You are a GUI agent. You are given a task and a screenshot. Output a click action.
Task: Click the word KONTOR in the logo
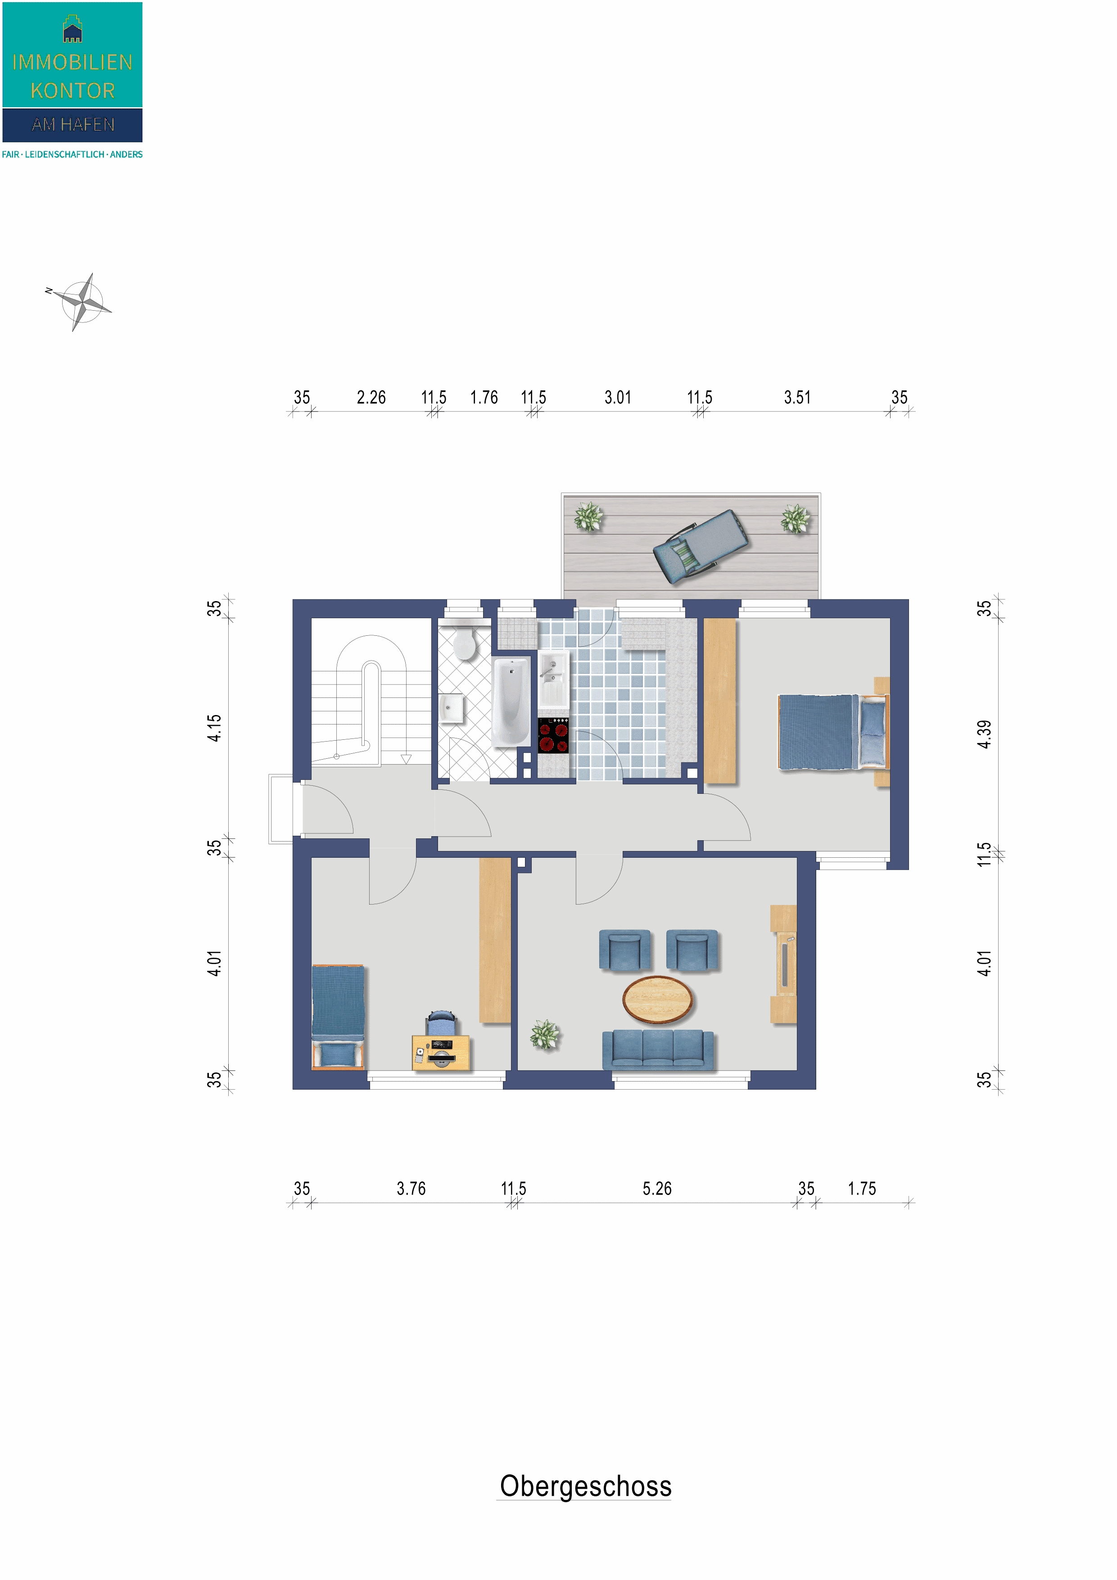point(72,90)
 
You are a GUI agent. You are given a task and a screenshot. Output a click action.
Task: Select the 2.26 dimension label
point(371,397)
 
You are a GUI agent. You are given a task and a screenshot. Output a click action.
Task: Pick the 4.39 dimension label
point(984,734)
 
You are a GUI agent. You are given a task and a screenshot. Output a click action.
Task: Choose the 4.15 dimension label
point(215,728)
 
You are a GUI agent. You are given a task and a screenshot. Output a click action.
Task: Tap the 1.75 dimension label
point(862,1188)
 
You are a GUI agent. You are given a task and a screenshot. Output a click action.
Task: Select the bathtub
point(511,701)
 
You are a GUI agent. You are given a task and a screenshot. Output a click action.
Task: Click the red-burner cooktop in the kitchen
point(553,735)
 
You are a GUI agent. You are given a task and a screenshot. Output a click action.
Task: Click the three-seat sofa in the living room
point(657,1050)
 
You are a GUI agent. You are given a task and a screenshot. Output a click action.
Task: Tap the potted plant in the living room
point(545,1034)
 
